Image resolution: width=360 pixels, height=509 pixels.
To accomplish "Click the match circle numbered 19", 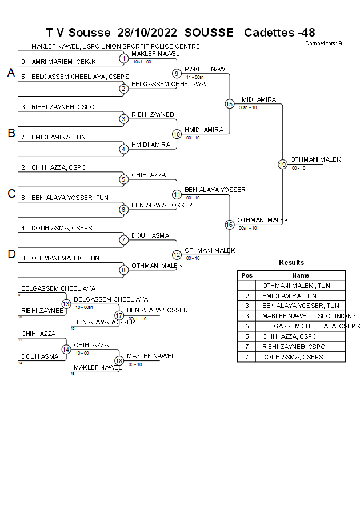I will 282,164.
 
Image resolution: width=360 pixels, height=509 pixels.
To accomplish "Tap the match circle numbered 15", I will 229,103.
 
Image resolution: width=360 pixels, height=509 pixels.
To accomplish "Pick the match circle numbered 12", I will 177,255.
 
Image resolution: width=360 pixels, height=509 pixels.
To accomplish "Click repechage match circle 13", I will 66,304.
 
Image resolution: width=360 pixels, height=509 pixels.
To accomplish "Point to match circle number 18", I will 119,360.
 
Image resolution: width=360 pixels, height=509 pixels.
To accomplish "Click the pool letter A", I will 11,73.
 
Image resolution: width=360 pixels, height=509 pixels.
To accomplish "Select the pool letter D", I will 11,254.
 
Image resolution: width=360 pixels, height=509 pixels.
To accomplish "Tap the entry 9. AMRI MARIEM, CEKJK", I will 59,61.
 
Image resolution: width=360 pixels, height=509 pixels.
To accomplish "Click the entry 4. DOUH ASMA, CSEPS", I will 57,228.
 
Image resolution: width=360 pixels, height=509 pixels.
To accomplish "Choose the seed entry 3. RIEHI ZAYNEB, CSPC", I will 58,107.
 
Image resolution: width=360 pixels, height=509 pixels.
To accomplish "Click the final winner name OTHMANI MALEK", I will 315,159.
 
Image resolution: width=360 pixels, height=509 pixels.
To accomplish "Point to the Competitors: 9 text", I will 323,43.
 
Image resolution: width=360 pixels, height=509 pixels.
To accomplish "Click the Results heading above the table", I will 291,263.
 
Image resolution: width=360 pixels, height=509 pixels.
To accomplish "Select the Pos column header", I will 247,275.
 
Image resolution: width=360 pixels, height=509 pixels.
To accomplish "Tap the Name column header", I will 301,275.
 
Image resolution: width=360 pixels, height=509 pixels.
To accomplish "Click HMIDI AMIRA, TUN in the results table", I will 289,296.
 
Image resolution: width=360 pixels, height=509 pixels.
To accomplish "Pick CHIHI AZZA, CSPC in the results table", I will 286,337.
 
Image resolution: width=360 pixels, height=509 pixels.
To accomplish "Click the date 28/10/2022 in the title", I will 147,33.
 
